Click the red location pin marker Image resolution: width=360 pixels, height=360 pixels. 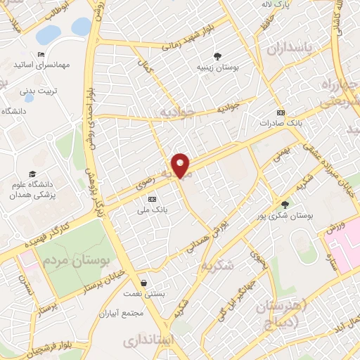coord(181,165)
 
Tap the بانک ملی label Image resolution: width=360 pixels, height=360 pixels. coord(153,209)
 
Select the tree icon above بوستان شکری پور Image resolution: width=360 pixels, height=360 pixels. coord(284,203)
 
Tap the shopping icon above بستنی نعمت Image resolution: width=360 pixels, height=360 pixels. coord(143,283)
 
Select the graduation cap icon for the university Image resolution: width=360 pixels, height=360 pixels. coord(32,174)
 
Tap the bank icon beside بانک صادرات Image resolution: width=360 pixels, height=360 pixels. coord(281,112)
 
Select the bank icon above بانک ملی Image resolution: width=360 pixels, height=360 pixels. coord(153,199)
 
